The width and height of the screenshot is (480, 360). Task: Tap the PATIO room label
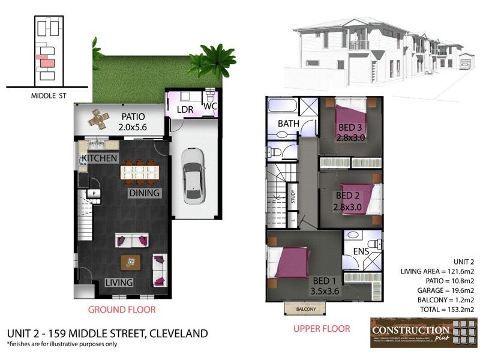[134, 117]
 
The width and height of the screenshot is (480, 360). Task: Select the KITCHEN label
[99, 158]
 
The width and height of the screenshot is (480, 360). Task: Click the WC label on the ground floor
[210, 106]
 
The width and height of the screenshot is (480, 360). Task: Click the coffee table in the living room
[131, 262]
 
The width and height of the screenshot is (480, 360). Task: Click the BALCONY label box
[305, 308]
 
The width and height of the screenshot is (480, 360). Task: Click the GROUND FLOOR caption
[122, 310]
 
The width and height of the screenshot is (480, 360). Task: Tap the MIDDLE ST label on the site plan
[48, 95]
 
